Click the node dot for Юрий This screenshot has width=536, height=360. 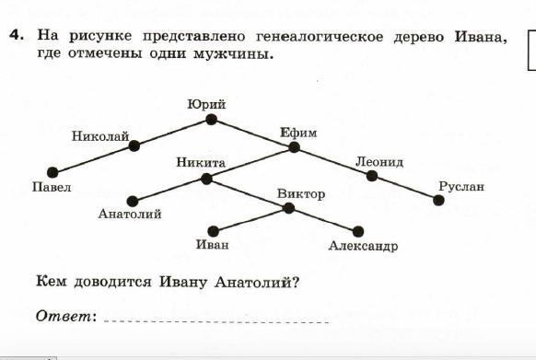(211, 120)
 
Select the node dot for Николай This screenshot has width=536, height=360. (134, 146)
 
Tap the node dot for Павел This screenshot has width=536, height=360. (52, 173)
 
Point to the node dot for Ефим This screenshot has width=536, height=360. (294, 147)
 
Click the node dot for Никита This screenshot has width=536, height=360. (206, 179)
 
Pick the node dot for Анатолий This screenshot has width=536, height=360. (133, 202)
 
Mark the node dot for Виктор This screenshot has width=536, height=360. (288, 208)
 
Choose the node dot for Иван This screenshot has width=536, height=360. (213, 231)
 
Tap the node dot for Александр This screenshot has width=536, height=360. (358, 232)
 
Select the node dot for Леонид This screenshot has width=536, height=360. (371, 176)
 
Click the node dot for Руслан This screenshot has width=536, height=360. (438, 201)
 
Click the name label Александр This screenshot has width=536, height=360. (363, 246)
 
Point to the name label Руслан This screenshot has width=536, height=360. (461, 187)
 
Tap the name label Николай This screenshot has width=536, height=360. (100, 136)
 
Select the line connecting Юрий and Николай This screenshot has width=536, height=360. (172, 133)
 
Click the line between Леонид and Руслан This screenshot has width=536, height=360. (405, 189)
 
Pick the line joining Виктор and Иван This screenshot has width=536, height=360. (251, 220)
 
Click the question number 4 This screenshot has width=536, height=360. (17, 35)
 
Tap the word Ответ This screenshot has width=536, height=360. (64, 316)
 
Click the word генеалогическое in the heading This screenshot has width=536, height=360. (320, 37)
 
